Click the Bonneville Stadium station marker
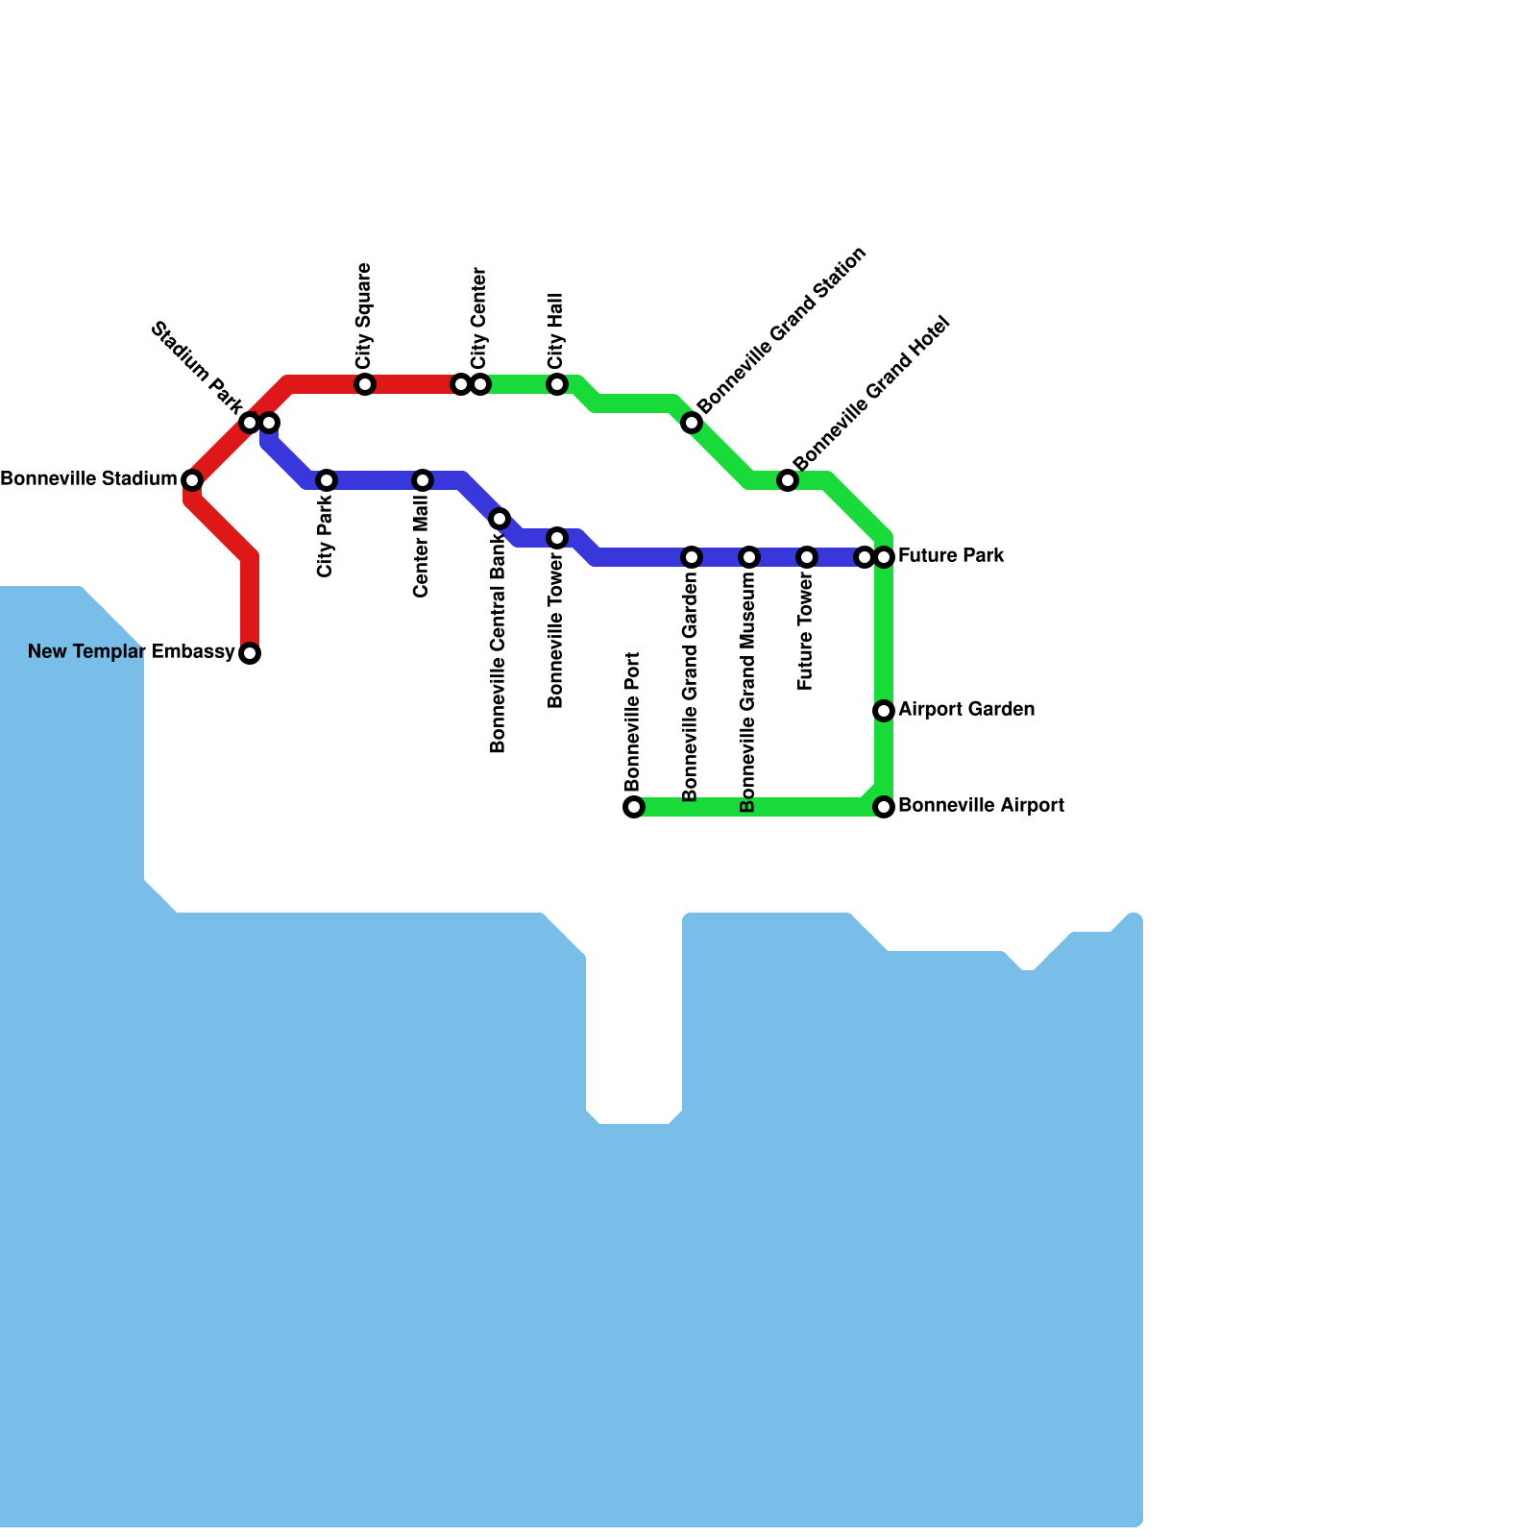click(x=192, y=479)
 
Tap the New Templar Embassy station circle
click(x=250, y=653)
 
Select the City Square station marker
click(x=365, y=384)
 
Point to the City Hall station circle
click(x=557, y=384)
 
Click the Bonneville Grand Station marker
click(x=692, y=423)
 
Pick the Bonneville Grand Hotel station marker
click(x=788, y=480)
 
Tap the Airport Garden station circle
click(x=884, y=711)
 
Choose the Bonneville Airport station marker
click(x=884, y=807)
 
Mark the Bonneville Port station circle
click(x=634, y=807)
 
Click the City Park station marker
click(x=327, y=480)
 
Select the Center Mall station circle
click(x=423, y=480)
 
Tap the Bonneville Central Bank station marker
click(x=500, y=519)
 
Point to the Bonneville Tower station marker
click(x=557, y=538)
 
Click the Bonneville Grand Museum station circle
click(x=749, y=557)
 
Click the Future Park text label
click(x=951, y=555)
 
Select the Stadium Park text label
click(x=197, y=363)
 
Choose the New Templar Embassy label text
click(x=131, y=652)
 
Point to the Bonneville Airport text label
click(x=981, y=805)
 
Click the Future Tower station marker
click(x=807, y=557)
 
